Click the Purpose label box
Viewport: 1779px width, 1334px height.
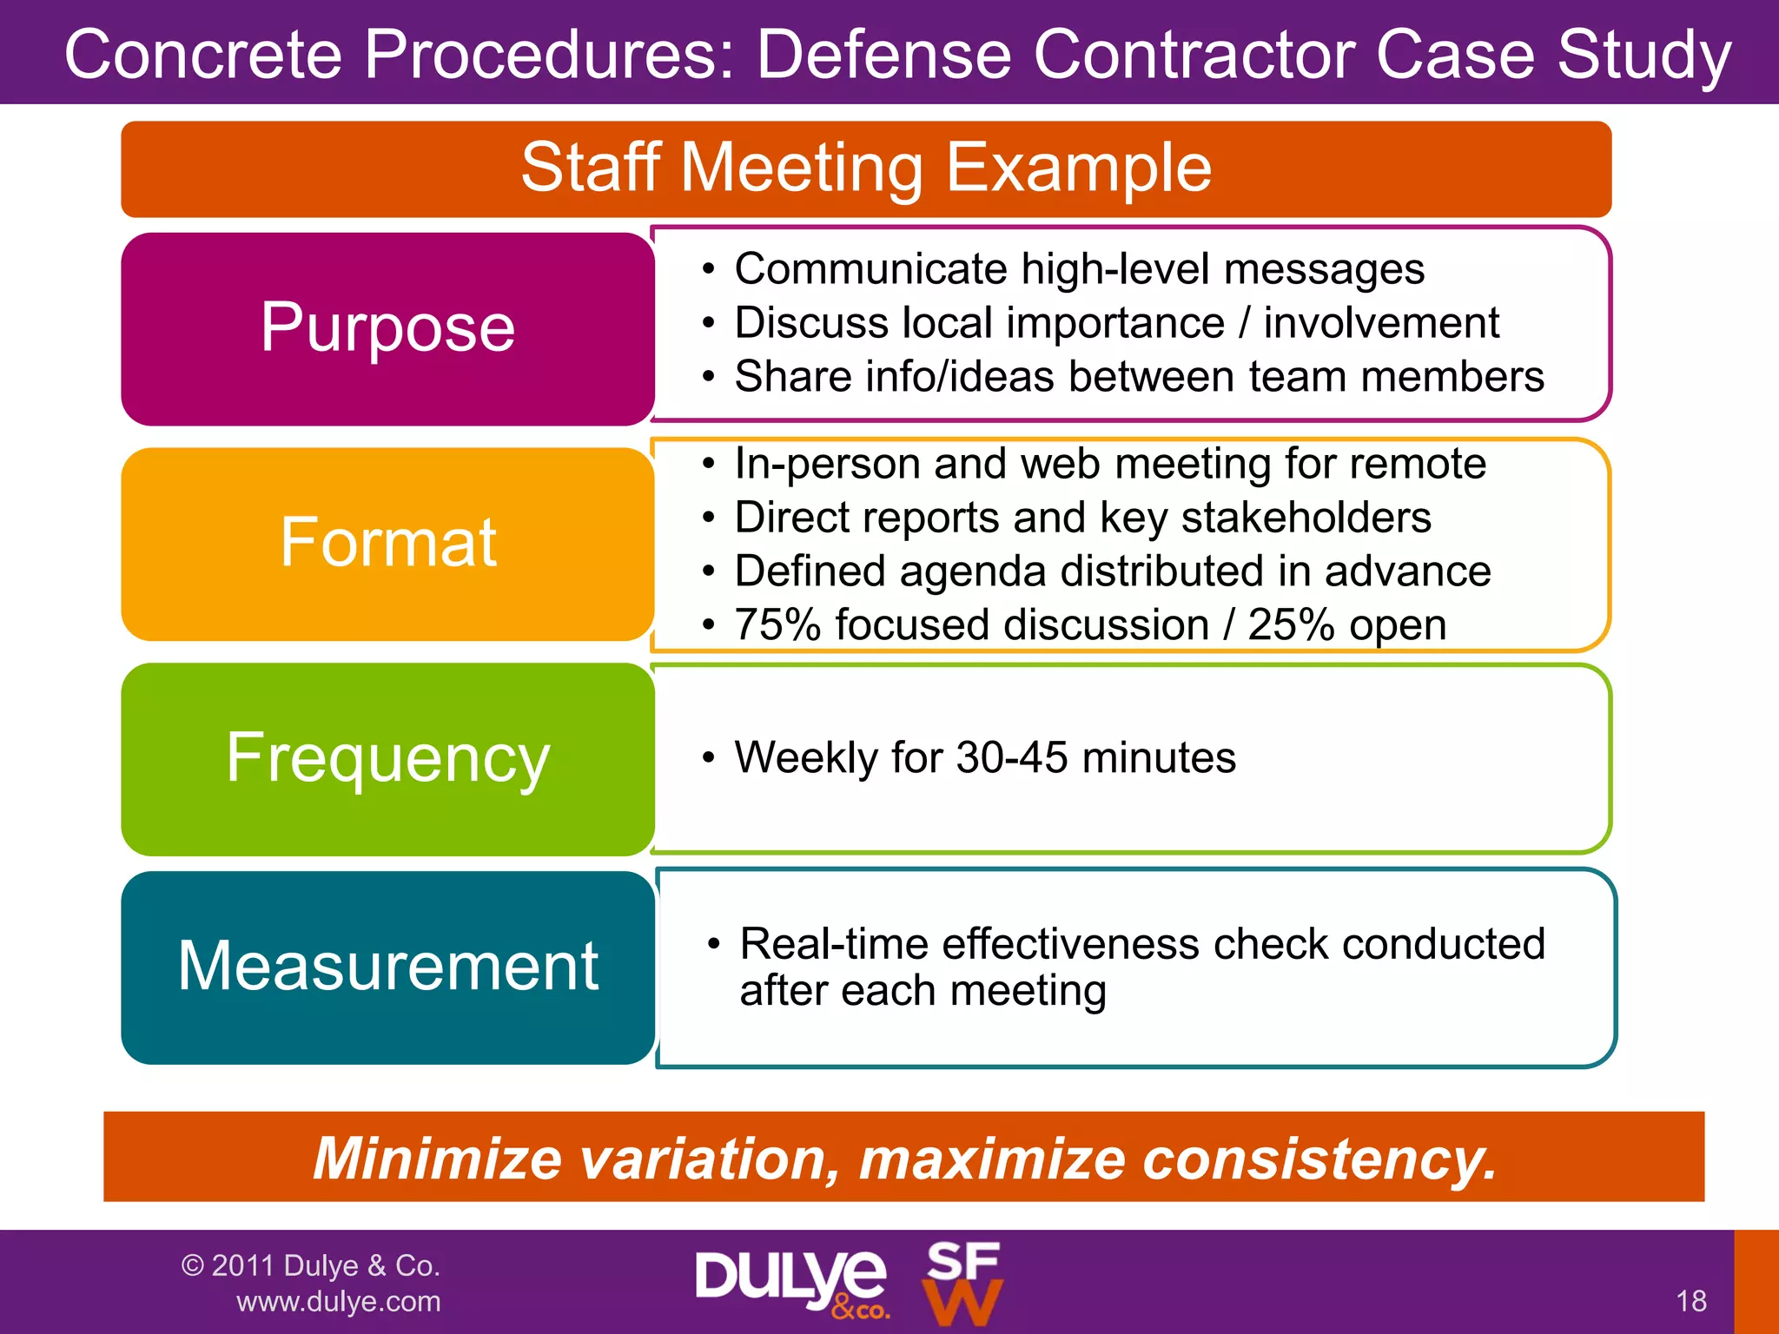[x=387, y=328]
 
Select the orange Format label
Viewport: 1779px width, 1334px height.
[x=387, y=544]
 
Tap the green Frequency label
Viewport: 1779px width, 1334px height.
[x=387, y=758]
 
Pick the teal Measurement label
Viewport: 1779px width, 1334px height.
[x=387, y=967]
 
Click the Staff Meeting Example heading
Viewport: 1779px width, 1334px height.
[x=866, y=168]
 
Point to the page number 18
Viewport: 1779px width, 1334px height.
[x=1691, y=1301]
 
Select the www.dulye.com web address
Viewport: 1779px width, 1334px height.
[x=339, y=1302]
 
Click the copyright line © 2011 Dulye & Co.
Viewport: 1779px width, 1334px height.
[x=311, y=1265]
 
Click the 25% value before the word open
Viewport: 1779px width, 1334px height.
[x=1291, y=625]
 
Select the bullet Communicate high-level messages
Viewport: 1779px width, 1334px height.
[x=1079, y=269]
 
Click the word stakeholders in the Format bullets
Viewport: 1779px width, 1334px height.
[x=1306, y=518]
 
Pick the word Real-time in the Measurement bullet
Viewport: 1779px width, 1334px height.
[x=834, y=944]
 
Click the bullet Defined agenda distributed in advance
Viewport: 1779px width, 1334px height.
[x=1112, y=571]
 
